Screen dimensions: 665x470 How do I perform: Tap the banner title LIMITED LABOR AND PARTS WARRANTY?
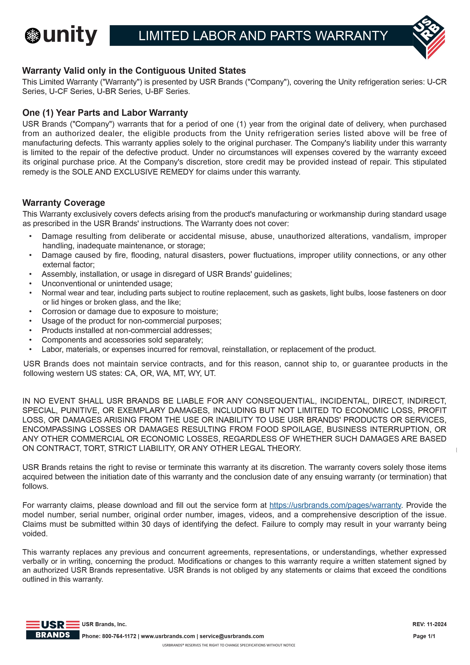[x=263, y=36]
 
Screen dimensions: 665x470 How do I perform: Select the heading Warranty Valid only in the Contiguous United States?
[x=134, y=71]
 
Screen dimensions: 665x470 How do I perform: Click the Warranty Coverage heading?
[x=63, y=203]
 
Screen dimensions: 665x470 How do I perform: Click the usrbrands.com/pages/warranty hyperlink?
[x=335, y=505]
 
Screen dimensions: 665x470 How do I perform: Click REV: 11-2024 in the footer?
[x=429, y=624]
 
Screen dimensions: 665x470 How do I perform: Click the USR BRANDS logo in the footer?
[x=53, y=630]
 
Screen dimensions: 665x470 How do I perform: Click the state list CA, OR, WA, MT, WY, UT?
[x=170, y=373]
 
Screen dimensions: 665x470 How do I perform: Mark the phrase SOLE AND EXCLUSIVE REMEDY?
[x=133, y=172]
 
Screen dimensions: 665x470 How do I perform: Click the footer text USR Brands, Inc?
[x=104, y=624]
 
